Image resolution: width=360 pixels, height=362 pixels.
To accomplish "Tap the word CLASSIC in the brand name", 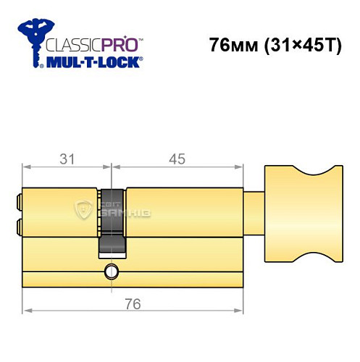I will [69, 45].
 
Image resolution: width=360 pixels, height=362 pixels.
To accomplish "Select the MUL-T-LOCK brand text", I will [91, 63].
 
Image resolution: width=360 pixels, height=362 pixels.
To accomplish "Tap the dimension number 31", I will [67, 159].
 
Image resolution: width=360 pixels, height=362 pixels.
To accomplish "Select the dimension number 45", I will [175, 159].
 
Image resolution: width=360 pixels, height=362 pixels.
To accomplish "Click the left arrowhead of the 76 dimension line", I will [27, 311].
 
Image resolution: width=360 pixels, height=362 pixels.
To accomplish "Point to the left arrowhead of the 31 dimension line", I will [27, 170].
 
